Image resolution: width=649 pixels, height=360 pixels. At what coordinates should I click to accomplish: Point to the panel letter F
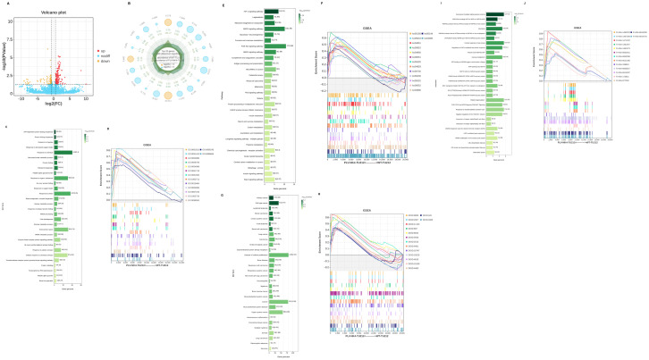[x=321, y=7]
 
